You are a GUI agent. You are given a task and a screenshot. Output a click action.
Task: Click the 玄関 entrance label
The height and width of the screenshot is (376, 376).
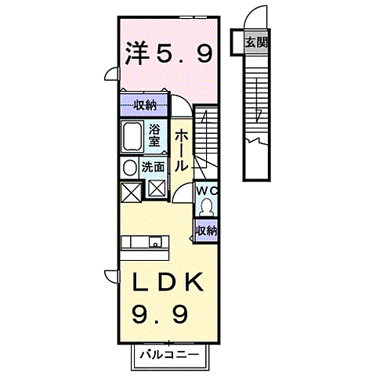tap(255, 42)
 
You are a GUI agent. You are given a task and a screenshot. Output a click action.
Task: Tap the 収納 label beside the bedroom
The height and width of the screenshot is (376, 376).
tap(144, 105)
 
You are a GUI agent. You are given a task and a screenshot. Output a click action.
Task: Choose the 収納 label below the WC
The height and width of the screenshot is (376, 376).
tap(207, 230)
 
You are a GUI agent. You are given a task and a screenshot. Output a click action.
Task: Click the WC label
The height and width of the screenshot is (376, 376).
tap(207, 190)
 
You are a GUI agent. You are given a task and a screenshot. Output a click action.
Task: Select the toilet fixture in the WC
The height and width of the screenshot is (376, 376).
tap(207, 208)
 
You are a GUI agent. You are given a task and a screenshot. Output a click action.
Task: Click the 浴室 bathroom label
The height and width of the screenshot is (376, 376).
tap(155, 138)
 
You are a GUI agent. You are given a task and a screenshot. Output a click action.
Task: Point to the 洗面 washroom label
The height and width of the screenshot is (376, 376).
tap(154, 167)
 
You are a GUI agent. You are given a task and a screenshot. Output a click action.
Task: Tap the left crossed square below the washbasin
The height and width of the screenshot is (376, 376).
tap(130, 191)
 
